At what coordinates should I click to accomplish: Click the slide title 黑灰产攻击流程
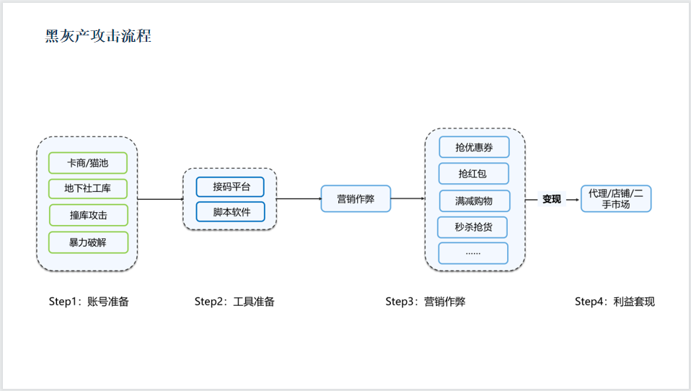[98, 36]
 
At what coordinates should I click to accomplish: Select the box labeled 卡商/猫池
[87, 163]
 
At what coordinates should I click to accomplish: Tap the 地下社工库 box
[87, 189]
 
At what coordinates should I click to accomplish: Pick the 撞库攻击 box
[88, 215]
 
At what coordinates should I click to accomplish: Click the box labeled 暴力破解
[88, 242]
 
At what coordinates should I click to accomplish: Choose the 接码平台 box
[230, 187]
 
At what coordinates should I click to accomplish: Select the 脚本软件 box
[230, 211]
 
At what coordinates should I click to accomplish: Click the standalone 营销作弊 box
[356, 198]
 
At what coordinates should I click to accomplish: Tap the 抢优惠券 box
[474, 147]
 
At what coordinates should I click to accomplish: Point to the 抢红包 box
[473, 174]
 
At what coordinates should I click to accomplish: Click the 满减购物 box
[474, 201]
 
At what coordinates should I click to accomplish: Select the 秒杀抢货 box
[473, 227]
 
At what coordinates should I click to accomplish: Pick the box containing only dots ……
[473, 253]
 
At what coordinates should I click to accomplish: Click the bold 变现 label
[552, 199]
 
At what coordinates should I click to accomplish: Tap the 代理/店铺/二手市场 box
[616, 198]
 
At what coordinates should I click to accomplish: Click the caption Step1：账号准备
[89, 302]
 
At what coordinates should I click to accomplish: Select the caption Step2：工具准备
[234, 302]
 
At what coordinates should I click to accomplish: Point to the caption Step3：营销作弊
[425, 302]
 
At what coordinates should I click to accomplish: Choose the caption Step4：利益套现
[615, 302]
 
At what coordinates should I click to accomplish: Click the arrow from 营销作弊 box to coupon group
[408, 198]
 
